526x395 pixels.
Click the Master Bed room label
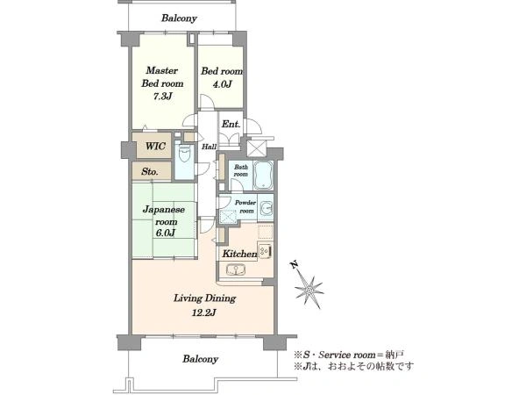pyautogui.click(x=162, y=77)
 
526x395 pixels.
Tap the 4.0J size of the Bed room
pyautogui.click(x=222, y=84)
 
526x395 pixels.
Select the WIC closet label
pyautogui.click(x=155, y=146)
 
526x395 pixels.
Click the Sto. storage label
pyautogui.click(x=150, y=172)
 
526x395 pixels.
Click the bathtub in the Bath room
pyautogui.click(x=263, y=176)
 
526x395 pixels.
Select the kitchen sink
pyautogui.click(x=236, y=269)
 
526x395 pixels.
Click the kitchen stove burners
pyautogui.click(x=265, y=251)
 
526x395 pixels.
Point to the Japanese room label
pyautogui.click(x=164, y=216)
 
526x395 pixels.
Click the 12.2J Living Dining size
pyautogui.click(x=204, y=313)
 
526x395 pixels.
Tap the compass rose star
pyautogui.click(x=309, y=290)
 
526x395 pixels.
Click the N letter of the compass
pyautogui.click(x=295, y=265)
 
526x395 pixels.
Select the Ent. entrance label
pyautogui.click(x=231, y=124)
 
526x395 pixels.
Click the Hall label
pyautogui.click(x=209, y=147)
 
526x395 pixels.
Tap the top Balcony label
pyautogui.click(x=179, y=18)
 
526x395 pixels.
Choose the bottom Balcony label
pyautogui.click(x=200, y=359)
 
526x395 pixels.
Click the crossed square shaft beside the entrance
pyautogui.click(x=256, y=148)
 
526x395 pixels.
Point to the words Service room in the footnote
pyautogui.click(x=346, y=355)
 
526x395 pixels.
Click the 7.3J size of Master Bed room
pyautogui.click(x=163, y=97)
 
